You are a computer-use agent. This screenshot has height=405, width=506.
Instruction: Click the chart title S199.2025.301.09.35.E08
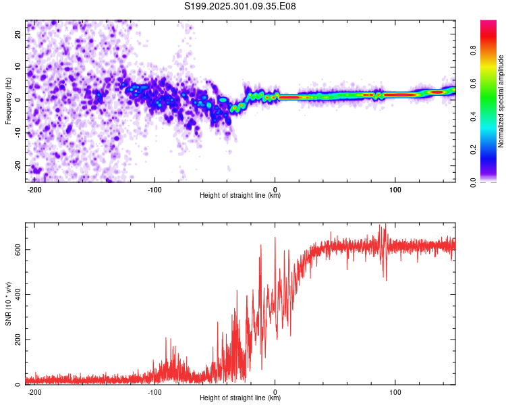[x=241, y=7]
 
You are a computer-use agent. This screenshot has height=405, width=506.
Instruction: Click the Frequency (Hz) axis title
[x=8, y=101]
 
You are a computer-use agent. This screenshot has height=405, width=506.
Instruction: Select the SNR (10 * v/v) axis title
[x=8, y=303]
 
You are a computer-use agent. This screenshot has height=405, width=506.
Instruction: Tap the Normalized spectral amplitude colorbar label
[x=501, y=101]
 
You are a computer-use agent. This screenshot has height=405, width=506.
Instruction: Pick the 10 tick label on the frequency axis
[x=18, y=67]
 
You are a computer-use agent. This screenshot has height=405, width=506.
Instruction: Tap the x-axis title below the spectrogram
[x=240, y=196]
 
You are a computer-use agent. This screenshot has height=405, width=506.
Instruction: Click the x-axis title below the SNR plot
[x=240, y=398]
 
